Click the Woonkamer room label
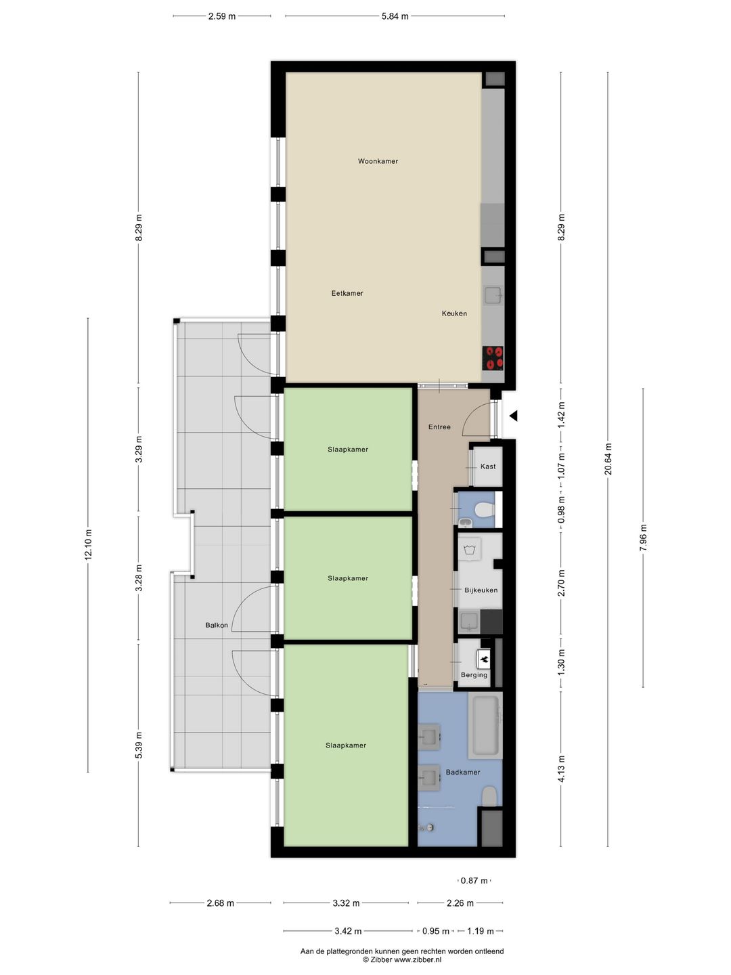pyautogui.click(x=378, y=161)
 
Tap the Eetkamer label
pyautogui.click(x=347, y=293)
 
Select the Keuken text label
pyautogui.click(x=454, y=313)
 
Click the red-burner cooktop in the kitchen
pyautogui.click(x=493, y=358)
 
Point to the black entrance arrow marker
pyautogui.click(x=513, y=416)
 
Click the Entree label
pyautogui.click(x=439, y=427)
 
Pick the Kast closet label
pyautogui.click(x=488, y=467)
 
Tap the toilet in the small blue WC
pyautogui.click(x=484, y=510)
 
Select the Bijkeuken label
pyautogui.click(x=481, y=590)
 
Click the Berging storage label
pyautogui.click(x=474, y=675)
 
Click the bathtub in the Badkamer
pyautogui.click(x=485, y=725)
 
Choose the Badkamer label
pyautogui.click(x=463, y=773)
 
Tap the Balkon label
pyautogui.click(x=217, y=626)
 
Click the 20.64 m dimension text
pyautogui.click(x=608, y=459)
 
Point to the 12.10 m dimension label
pyautogui.click(x=88, y=545)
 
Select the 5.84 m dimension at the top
pyautogui.click(x=395, y=16)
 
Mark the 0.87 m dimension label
pyautogui.click(x=474, y=881)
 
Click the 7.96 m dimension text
pyautogui.click(x=643, y=538)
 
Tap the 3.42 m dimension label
pyautogui.click(x=348, y=931)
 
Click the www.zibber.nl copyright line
pyautogui.click(x=402, y=959)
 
